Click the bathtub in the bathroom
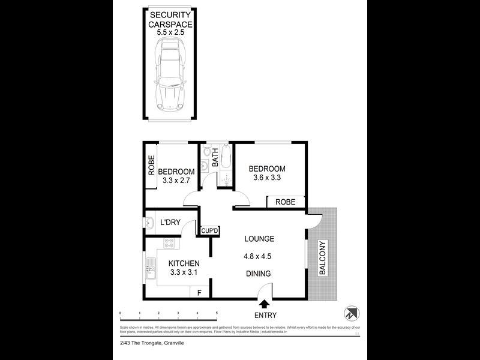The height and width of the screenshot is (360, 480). [x=224, y=158]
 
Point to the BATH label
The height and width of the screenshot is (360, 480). [x=215, y=161]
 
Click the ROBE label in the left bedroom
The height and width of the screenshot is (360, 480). [x=152, y=165]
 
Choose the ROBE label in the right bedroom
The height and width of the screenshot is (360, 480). [x=286, y=202]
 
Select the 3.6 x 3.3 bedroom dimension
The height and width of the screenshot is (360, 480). [x=267, y=178]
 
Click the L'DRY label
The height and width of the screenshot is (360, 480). [x=170, y=223]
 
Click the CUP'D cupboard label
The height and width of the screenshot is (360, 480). [x=209, y=230]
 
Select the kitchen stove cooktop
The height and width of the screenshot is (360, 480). [x=169, y=244]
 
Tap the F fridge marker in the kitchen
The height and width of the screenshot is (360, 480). [x=199, y=292]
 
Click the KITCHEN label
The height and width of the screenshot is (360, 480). [x=184, y=263]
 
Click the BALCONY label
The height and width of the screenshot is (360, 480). [x=323, y=258]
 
